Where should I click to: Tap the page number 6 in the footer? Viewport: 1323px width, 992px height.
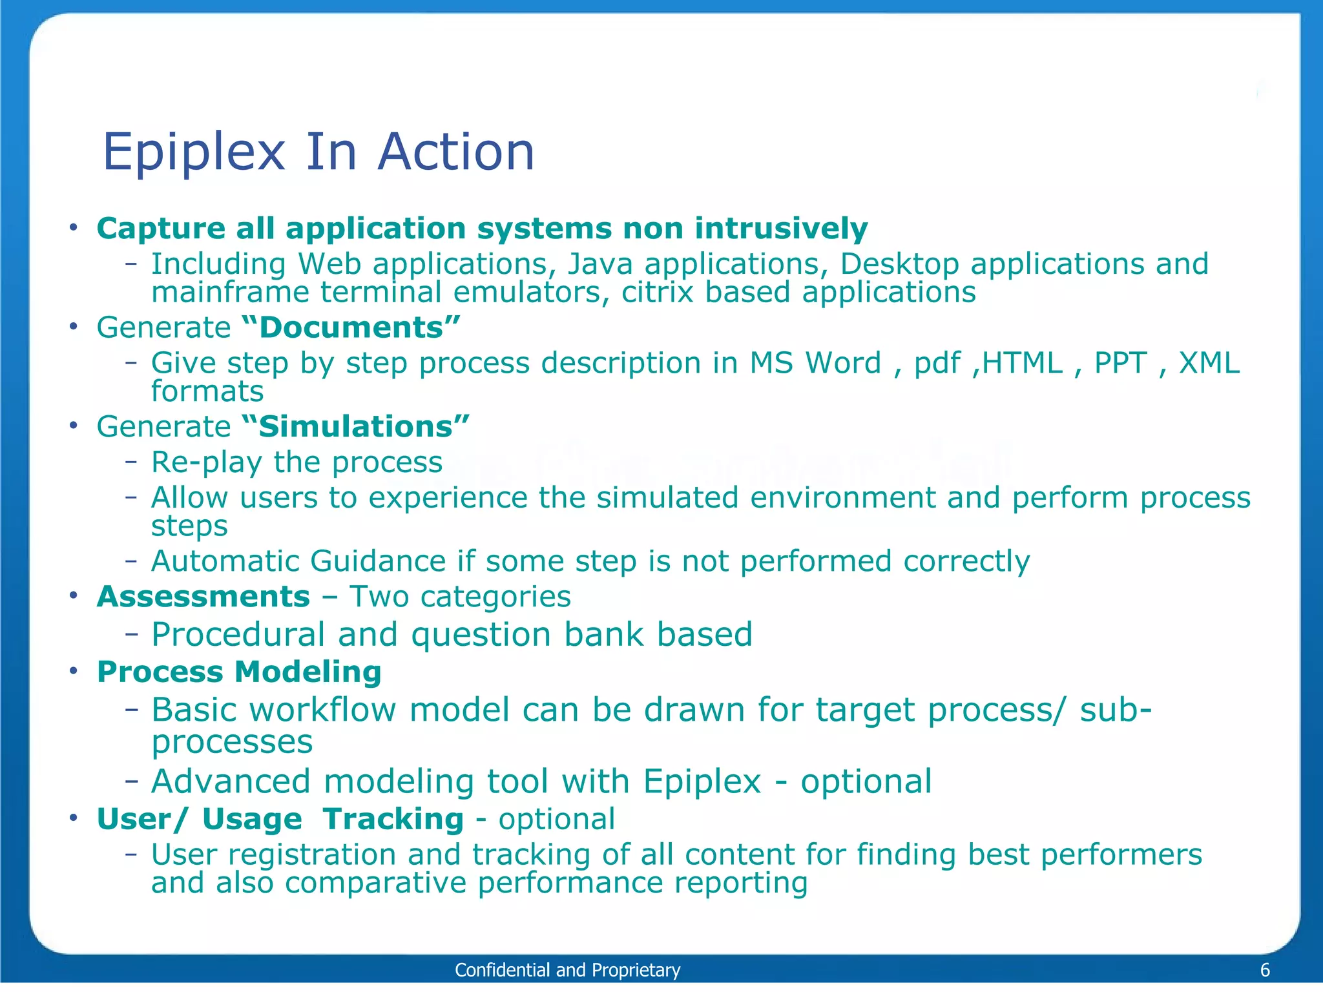click(x=1265, y=969)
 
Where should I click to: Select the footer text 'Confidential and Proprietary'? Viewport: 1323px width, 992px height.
click(x=567, y=969)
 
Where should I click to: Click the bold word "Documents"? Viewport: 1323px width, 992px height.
click(x=351, y=327)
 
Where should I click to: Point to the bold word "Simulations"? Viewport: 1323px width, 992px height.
click(x=355, y=426)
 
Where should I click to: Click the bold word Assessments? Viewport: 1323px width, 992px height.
click(x=203, y=596)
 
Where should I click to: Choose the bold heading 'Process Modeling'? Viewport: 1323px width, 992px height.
click(x=239, y=672)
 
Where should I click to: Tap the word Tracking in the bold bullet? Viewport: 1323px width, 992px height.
click(x=393, y=819)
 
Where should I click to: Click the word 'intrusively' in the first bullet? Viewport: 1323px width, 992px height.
click(x=781, y=229)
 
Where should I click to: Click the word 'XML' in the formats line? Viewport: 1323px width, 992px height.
click(x=1209, y=363)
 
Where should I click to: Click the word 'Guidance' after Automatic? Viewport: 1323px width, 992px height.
click(x=377, y=561)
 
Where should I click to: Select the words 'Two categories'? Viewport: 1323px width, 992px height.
click(x=460, y=596)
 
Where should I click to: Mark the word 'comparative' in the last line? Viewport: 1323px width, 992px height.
click(x=375, y=883)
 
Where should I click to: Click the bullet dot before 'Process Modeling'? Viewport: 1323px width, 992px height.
click(x=74, y=671)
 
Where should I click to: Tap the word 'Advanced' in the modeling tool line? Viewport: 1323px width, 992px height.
click(x=231, y=781)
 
